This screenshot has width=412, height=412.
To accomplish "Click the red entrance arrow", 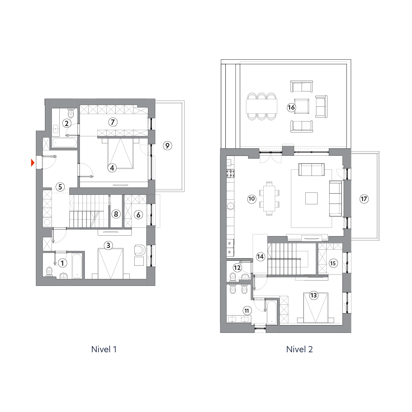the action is point(33,163).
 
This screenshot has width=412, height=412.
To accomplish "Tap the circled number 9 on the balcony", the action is point(167,145).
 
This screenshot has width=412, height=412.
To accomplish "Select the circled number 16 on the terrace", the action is point(291,107).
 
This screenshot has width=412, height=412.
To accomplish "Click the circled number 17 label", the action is point(364,199).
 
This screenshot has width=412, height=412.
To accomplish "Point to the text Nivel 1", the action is point(104,349).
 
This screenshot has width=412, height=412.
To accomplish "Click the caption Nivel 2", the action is point(300,349).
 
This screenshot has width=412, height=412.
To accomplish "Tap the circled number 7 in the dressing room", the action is point(113,122).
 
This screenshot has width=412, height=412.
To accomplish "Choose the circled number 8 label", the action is point(116,214).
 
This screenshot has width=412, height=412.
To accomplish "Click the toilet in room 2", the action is point(71,113).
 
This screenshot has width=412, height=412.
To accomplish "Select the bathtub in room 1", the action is point(77,266).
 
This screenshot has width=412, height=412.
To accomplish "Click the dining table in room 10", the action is point(269,199).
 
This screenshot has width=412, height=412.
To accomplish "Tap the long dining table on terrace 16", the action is point(262,106).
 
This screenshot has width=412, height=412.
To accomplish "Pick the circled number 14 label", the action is point(260,256).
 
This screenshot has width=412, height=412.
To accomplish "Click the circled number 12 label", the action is point(237,268).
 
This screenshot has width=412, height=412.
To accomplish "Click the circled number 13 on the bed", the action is point(314,295).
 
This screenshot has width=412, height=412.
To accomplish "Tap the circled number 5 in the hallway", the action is point(60,187).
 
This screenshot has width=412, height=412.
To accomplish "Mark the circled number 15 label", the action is point(333,263).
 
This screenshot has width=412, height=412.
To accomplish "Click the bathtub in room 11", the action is point(272,312).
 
